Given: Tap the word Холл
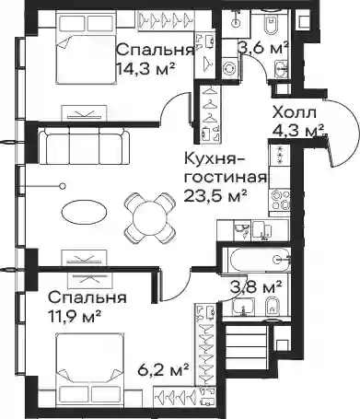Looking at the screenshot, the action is (x=295, y=113).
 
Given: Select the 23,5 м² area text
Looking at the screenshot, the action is (x=215, y=195).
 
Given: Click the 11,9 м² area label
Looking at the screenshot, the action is (x=74, y=315).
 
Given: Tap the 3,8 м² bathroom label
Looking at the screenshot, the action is (x=256, y=287).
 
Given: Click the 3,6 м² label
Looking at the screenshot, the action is (x=264, y=48).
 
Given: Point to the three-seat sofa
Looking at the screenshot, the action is (x=84, y=145).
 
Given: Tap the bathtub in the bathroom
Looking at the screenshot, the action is (x=256, y=260).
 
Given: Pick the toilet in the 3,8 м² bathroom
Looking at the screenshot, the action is (x=271, y=307).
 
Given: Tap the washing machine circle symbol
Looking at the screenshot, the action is (x=228, y=68).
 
